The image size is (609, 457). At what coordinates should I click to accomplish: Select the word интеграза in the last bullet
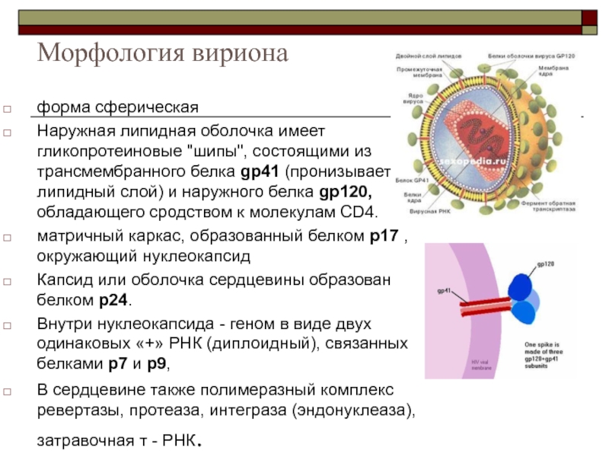coord(294,411)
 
